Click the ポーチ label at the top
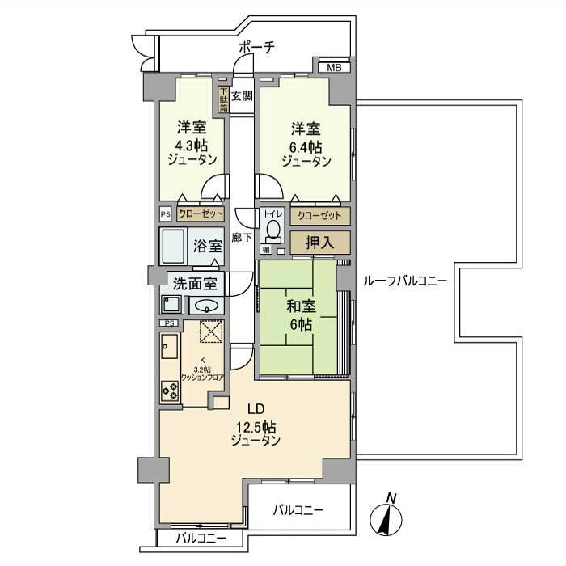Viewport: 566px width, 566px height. pos(256,48)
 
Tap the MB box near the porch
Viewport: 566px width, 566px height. pos(334,67)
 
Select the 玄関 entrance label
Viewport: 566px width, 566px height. pos(241,96)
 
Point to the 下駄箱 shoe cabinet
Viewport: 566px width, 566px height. pos(222,99)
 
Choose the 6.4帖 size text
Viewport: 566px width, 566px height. pos(306,146)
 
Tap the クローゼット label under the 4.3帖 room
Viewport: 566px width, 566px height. pos(199,215)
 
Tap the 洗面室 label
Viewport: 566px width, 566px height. pos(194,283)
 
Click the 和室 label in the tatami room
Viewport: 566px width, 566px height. pos(301,306)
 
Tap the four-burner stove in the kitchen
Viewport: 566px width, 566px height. pos(170,391)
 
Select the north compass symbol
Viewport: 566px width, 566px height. pos(388,517)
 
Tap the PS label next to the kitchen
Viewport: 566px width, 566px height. pos(169,323)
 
